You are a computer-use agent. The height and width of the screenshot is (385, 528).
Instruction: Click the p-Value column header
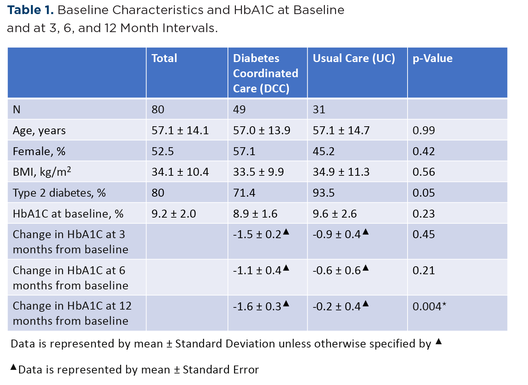click(x=432, y=58)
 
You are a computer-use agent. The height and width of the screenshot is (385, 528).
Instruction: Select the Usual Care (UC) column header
click(x=353, y=58)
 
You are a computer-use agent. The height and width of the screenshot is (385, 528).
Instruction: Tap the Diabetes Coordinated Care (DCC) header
click(x=265, y=73)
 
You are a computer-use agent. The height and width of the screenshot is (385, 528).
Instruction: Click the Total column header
click(x=164, y=58)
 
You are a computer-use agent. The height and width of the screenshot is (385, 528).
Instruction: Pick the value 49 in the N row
click(x=239, y=109)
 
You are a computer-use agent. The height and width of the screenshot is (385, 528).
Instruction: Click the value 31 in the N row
click(x=319, y=109)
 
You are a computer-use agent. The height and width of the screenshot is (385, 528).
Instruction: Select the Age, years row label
click(x=39, y=130)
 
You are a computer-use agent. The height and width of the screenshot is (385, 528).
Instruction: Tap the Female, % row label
click(x=39, y=151)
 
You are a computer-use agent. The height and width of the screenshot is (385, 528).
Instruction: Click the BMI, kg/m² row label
click(x=42, y=172)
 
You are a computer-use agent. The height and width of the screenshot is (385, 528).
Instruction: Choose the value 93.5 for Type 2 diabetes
click(x=324, y=193)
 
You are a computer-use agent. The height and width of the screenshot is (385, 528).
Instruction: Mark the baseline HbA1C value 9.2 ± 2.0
click(x=173, y=214)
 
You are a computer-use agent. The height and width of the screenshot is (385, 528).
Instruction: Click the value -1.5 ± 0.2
click(x=257, y=234)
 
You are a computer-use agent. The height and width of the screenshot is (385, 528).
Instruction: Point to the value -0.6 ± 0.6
click(x=336, y=270)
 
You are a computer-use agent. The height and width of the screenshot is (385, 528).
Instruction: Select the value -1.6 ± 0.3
click(x=257, y=306)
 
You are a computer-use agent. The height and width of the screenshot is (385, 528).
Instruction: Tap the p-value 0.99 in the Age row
click(x=423, y=130)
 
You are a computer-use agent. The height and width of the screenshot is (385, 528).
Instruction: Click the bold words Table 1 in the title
click(x=30, y=10)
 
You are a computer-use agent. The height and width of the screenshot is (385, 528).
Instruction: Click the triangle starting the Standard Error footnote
click(x=13, y=367)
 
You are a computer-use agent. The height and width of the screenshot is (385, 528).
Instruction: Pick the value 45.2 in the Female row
click(x=324, y=151)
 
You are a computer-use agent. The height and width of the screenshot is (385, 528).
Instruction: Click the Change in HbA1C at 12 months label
click(x=72, y=313)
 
